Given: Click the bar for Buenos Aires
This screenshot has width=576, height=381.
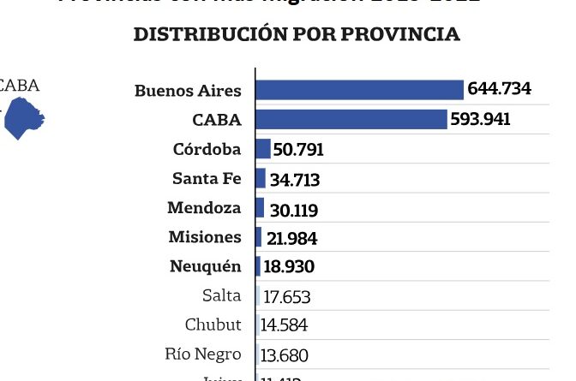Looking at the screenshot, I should point(359,89).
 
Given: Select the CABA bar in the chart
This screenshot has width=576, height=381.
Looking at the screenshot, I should point(351,119).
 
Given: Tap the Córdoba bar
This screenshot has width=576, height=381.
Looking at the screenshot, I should point(263,149).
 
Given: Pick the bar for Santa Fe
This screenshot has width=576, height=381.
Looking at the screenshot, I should point(261,178).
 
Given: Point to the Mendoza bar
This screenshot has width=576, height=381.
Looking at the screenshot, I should point(260,207).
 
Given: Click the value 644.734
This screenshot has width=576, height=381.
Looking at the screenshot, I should point(500,89).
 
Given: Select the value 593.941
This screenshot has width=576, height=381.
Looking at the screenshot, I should point(481,119).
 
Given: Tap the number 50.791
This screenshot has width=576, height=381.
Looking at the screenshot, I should point(298,150).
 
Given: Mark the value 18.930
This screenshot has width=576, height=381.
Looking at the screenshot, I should point(289,266).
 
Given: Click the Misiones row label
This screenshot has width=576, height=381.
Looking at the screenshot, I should point(205,237).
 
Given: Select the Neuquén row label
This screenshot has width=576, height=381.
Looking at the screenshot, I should point(206,266).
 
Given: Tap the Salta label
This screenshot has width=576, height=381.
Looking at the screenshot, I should point(222,295).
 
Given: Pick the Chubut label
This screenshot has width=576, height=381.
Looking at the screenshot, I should point(213,324).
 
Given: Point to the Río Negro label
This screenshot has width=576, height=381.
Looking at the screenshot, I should point(204,354).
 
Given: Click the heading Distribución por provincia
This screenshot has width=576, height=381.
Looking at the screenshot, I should point(297,34).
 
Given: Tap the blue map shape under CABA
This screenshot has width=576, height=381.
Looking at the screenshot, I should point(23,118).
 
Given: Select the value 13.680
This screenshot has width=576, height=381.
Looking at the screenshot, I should point(285,354).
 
